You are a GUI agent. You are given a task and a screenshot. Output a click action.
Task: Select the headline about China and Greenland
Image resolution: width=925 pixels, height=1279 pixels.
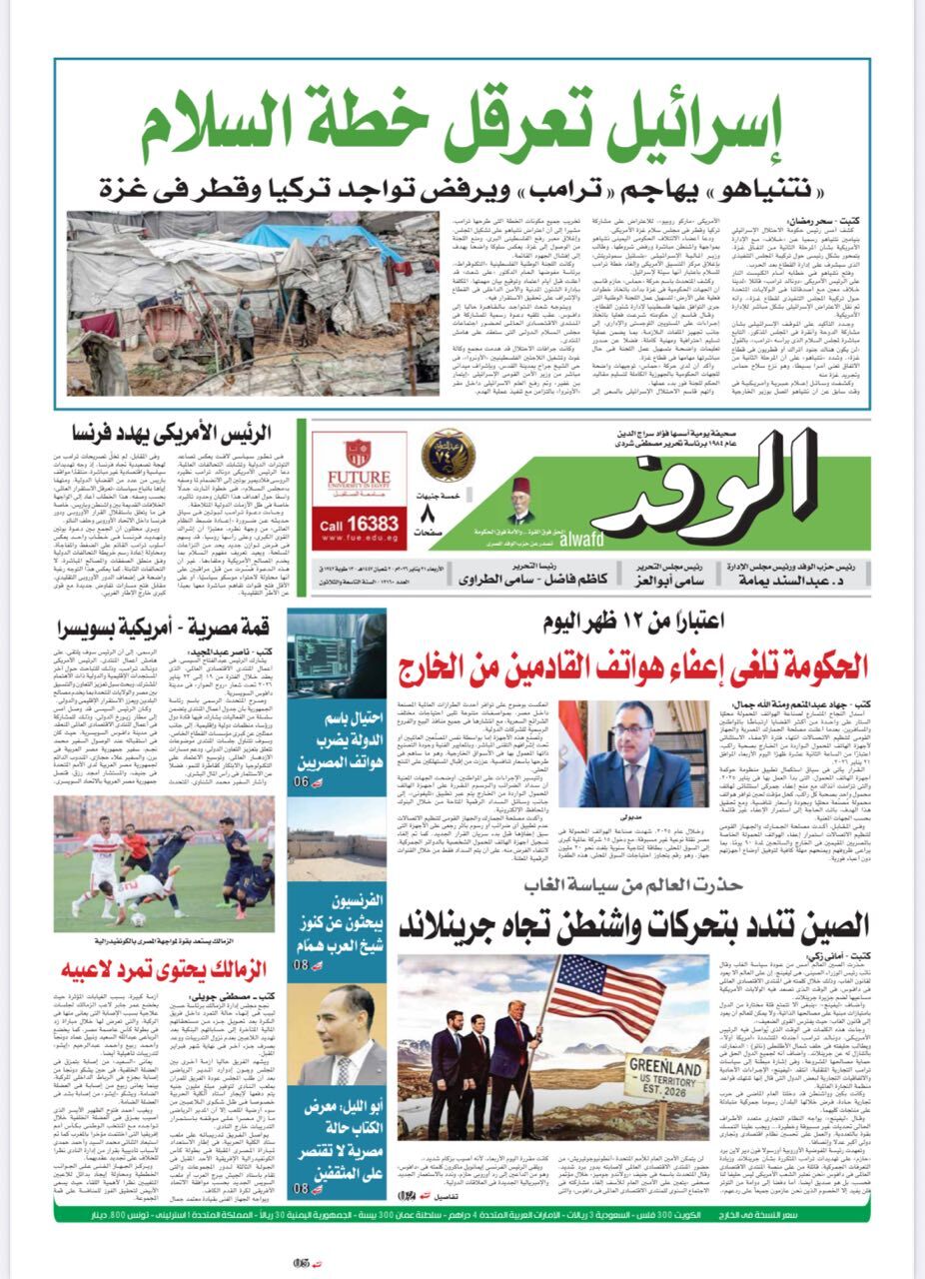633,924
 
